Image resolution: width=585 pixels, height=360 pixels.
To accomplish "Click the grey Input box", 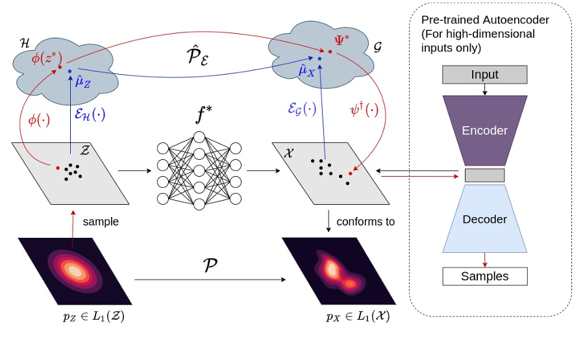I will (x=484, y=75).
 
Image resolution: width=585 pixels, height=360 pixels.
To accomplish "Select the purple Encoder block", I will (x=484, y=130).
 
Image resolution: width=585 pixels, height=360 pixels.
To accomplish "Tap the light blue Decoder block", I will (x=484, y=219).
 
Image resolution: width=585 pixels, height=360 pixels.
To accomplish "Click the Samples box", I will (x=484, y=276).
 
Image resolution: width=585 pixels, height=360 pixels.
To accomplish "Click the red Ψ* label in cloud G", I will (x=342, y=40).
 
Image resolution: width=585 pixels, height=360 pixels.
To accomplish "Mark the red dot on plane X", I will (x=351, y=174).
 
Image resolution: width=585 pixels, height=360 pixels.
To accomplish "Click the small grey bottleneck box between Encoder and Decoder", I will (x=484, y=175).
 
